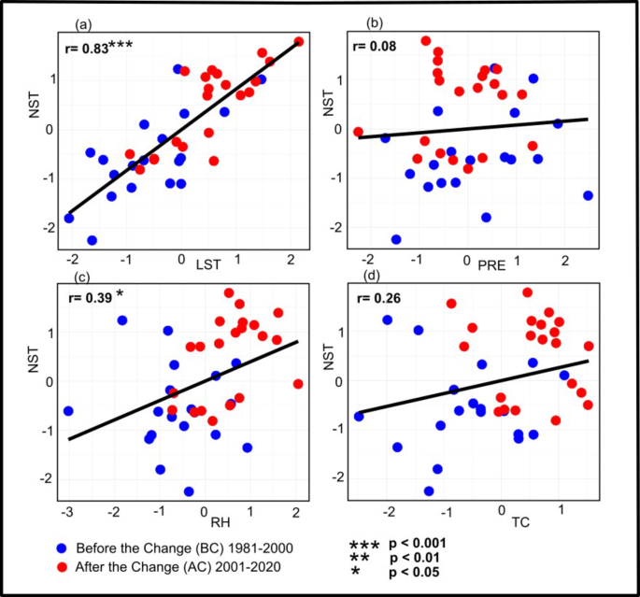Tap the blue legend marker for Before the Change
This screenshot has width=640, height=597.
pos(60,546)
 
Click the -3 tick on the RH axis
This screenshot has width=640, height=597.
pos(66,513)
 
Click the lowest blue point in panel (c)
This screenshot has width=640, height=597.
pos(189,491)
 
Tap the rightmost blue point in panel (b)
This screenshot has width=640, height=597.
pos(588,195)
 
